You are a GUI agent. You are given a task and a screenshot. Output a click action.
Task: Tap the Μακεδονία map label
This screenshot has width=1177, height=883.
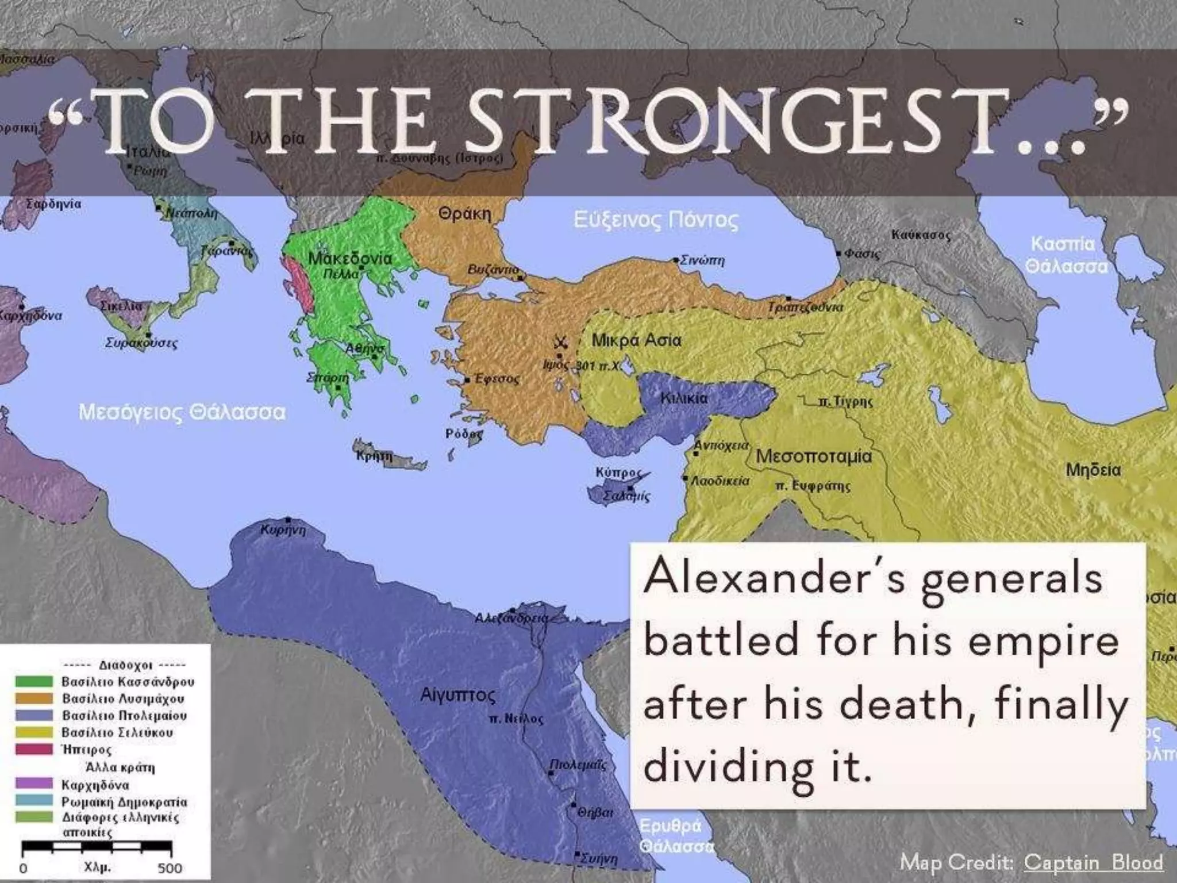coord(350,258)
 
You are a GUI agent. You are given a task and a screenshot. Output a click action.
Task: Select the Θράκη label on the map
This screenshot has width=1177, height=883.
coord(464,214)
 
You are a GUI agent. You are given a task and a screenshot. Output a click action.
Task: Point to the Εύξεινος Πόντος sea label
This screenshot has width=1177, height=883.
coord(656,220)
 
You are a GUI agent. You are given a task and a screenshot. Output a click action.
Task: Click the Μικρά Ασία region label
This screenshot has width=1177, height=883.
coord(636,340)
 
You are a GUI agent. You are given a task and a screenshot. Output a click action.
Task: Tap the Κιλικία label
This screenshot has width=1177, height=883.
coord(684,398)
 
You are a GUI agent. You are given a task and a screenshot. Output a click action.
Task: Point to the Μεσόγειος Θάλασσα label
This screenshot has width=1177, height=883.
coord(182,412)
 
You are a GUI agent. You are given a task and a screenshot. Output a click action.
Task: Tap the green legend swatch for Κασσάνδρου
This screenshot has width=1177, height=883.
coord(34,682)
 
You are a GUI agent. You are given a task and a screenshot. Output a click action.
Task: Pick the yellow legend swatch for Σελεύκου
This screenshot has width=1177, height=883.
coord(34,732)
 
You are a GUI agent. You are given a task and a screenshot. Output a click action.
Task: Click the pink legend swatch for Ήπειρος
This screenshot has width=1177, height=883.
coord(34,749)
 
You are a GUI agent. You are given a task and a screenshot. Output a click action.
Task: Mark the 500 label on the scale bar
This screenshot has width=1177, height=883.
coord(170,868)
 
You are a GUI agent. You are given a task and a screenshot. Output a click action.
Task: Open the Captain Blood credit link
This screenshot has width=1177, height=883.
coord(1093,862)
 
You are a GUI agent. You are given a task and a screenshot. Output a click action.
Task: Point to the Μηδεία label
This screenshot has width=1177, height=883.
coord(1093,470)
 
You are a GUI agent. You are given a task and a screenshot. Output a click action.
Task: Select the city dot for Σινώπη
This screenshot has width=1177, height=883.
coord(676,260)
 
